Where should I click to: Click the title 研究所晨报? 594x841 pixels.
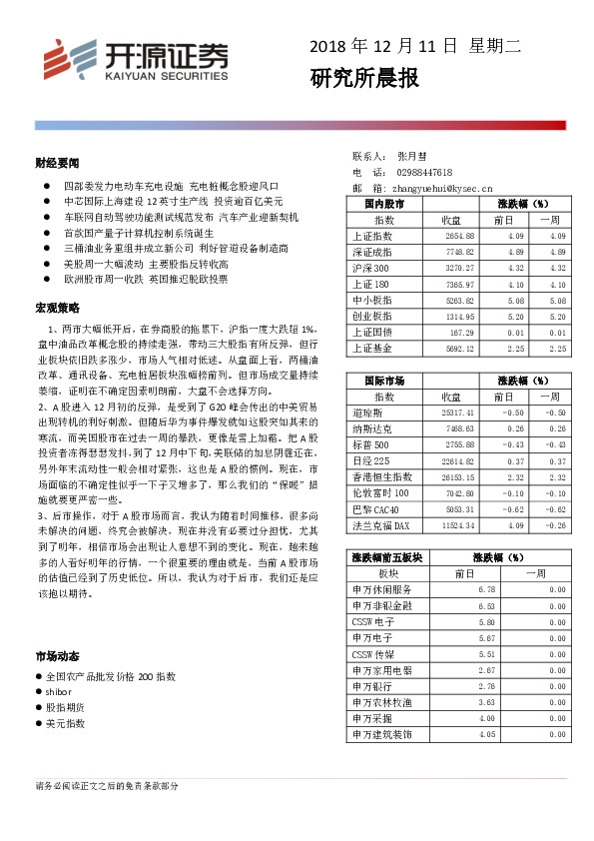tap(364, 78)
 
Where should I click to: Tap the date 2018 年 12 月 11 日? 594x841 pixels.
tap(383, 46)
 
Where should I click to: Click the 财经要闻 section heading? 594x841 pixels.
tap(57, 162)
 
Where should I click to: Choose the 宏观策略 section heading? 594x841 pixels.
tap(57, 306)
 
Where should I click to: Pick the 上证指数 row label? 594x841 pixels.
tap(373, 237)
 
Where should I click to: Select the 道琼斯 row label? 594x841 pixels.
tap(368, 413)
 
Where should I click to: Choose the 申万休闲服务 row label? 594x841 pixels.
tap(375, 590)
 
